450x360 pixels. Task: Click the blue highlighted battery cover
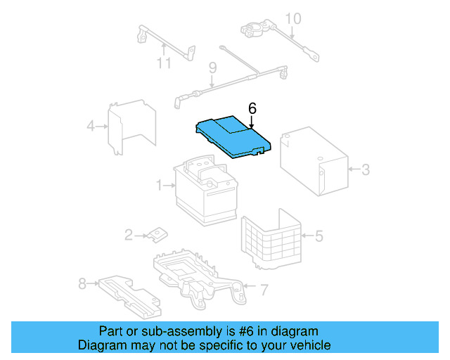231,136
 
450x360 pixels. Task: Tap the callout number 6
252,108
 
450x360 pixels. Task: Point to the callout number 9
212,68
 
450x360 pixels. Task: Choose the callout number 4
91,127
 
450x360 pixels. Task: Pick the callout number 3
365,169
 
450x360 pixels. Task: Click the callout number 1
160,186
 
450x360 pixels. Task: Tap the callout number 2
129,235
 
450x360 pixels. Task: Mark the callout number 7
263,288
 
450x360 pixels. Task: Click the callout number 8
82,284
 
